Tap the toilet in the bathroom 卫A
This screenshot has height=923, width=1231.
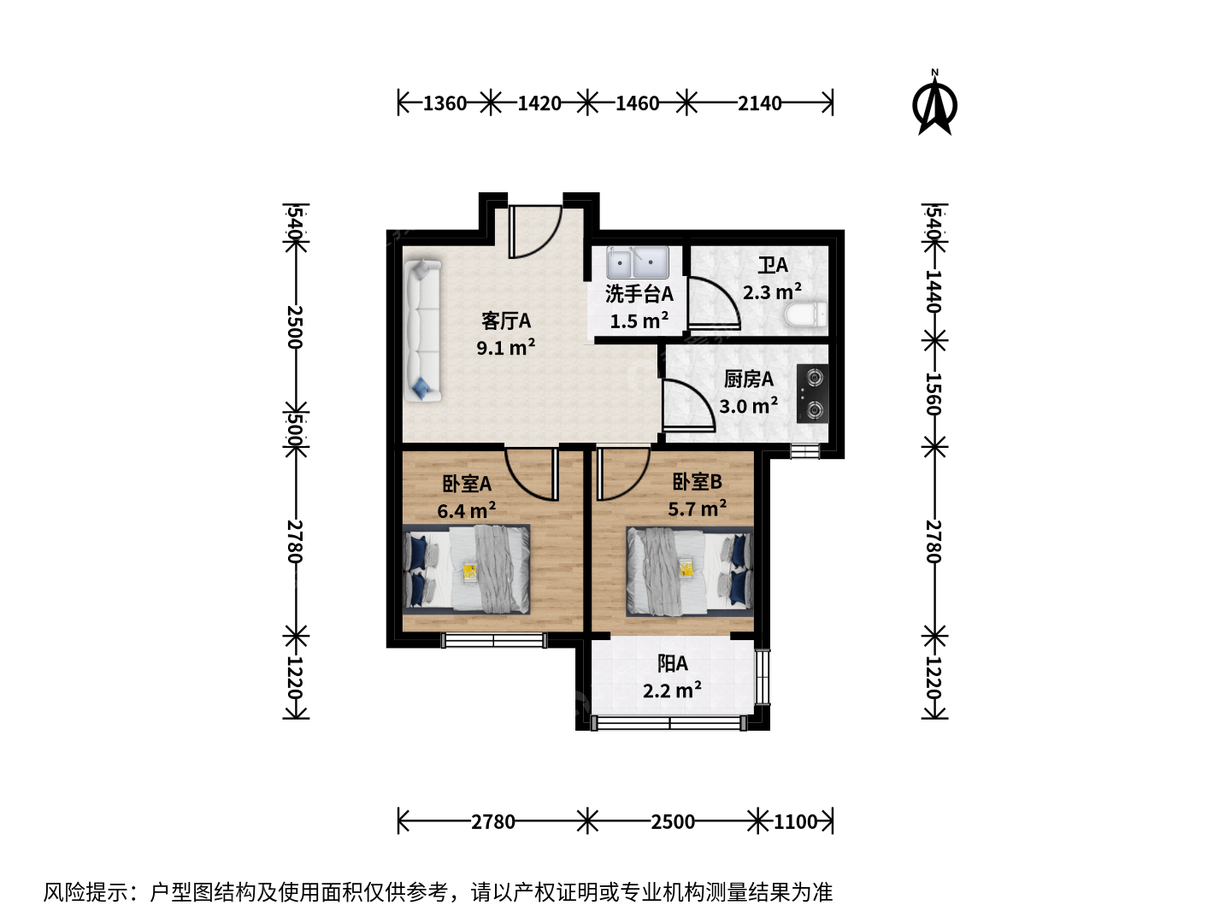point(806,315)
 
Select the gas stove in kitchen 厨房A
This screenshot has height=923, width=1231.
point(813,393)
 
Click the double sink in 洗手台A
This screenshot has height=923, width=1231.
point(637,262)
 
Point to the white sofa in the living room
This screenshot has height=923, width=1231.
point(423,331)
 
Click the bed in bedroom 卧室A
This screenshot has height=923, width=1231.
point(466,569)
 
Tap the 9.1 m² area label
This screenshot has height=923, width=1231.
point(505,348)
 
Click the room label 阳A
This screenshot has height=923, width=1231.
point(673,664)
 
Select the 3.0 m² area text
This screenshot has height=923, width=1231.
point(748,406)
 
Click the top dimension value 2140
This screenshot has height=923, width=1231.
point(759,103)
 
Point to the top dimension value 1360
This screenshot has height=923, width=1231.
point(445,103)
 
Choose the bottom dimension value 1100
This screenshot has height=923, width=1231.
point(795,822)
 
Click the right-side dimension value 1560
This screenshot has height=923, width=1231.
point(933,394)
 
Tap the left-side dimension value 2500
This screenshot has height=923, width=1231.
point(295,326)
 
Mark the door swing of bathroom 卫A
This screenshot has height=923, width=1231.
point(713,303)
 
